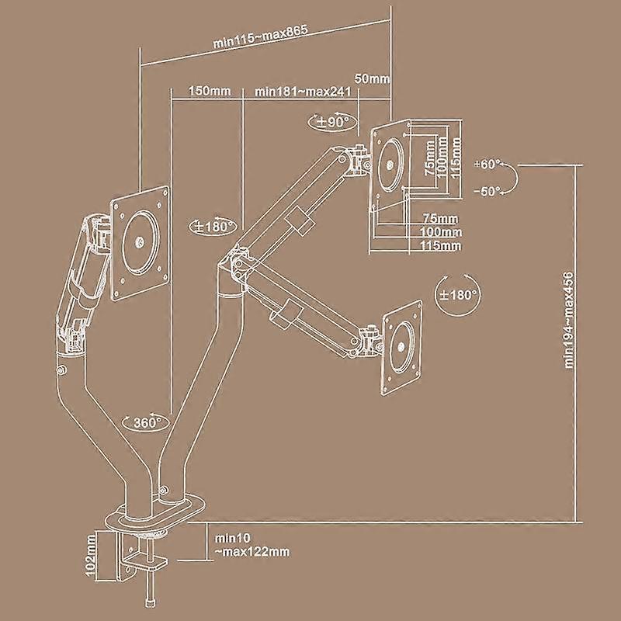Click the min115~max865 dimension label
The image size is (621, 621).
pyautogui.click(x=260, y=36)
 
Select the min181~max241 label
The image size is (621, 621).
pyautogui.click(x=303, y=92)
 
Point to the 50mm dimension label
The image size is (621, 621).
pyautogui.click(x=372, y=78)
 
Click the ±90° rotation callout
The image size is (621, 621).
pyautogui.click(x=331, y=121)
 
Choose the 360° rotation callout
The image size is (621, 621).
pyautogui.click(x=146, y=422)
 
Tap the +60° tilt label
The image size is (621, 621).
pyautogui.click(x=487, y=164)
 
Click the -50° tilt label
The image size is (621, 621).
pyautogui.click(x=488, y=191)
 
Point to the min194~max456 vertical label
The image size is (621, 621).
pyautogui.click(x=569, y=320)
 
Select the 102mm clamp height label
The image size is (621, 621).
pyautogui.click(x=91, y=556)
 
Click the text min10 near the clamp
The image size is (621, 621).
pyautogui.click(x=232, y=538)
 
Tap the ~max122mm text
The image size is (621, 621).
pyautogui.click(x=252, y=551)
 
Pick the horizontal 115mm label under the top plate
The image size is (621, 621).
pyautogui.click(x=440, y=245)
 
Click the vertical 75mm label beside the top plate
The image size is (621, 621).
pyautogui.click(x=430, y=158)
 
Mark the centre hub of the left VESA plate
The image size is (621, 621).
pyautogui.click(x=140, y=241)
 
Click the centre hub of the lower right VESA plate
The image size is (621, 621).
pyautogui.click(x=401, y=347)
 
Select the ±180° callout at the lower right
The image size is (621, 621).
pyautogui.click(x=458, y=295)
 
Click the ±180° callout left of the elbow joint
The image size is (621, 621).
pyautogui.click(x=213, y=227)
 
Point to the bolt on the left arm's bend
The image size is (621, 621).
pyautogui.click(x=61, y=370)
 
